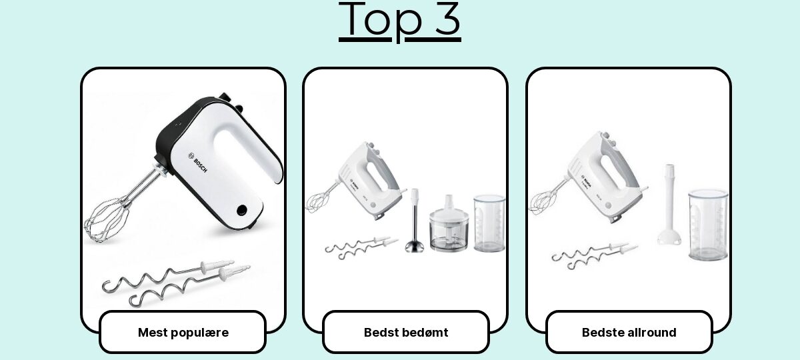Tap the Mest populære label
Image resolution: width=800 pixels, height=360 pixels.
coord(183,333)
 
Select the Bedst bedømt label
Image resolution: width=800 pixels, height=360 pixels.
coord(406,333)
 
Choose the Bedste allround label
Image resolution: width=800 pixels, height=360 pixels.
coord(629,333)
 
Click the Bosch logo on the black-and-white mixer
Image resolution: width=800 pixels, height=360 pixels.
coord(197,163)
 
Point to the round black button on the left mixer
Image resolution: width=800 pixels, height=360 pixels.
coord(242,211)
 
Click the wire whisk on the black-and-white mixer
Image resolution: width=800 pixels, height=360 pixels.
coord(107,219)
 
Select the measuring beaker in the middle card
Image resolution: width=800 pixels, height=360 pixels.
coord(489,223)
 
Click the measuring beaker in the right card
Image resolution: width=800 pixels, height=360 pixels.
coord(708,225)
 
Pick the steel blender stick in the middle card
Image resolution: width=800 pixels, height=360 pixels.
coord(414,221)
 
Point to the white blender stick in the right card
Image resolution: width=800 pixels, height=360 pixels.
coord(669,205)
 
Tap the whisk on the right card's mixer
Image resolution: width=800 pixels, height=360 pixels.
coord(542,203)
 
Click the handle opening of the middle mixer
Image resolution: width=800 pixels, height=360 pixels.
coord(377,177)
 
